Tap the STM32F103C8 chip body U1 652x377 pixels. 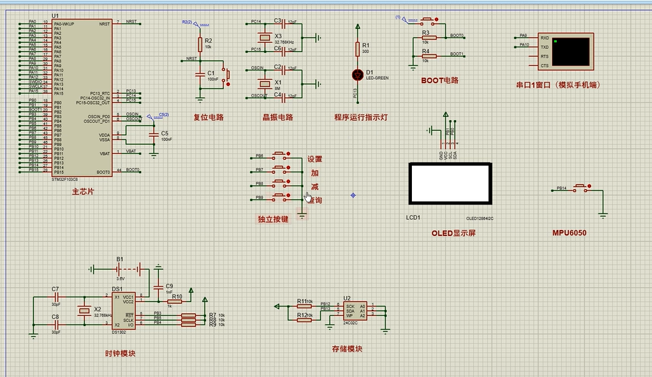(x=82, y=97)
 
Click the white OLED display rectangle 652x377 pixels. (x=449, y=183)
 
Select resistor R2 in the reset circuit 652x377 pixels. (x=200, y=44)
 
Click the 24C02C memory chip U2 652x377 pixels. (x=355, y=311)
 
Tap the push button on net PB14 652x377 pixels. (x=581, y=188)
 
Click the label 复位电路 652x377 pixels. (x=208, y=117)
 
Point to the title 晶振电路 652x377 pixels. (x=278, y=117)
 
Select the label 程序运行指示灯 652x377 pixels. (x=361, y=117)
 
